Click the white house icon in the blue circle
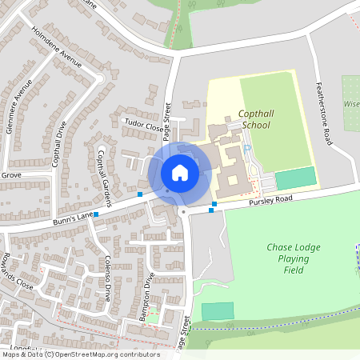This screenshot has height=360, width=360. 179,172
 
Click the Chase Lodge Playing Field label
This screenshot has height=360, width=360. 294,258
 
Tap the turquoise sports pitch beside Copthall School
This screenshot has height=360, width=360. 295,178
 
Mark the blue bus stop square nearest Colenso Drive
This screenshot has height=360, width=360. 96,214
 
